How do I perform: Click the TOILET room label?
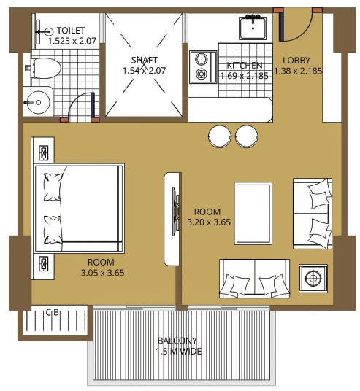(71, 31)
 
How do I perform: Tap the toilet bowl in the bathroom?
(45, 68)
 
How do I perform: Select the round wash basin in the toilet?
(37, 102)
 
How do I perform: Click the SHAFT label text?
(145, 60)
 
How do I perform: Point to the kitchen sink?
(253, 27)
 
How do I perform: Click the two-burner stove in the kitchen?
(203, 67)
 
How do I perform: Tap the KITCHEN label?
(245, 66)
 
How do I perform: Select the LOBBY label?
(296, 61)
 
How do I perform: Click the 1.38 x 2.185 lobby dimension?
(298, 71)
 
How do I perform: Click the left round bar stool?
(220, 136)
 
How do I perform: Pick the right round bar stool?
(247, 136)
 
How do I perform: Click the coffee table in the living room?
(253, 213)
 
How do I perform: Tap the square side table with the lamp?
(313, 278)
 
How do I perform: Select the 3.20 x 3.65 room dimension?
(209, 222)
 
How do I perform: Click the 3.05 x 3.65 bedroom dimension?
(103, 273)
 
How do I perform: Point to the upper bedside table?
(43, 150)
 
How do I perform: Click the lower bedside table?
(43, 266)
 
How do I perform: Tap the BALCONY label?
(177, 341)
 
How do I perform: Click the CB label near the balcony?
(53, 312)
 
